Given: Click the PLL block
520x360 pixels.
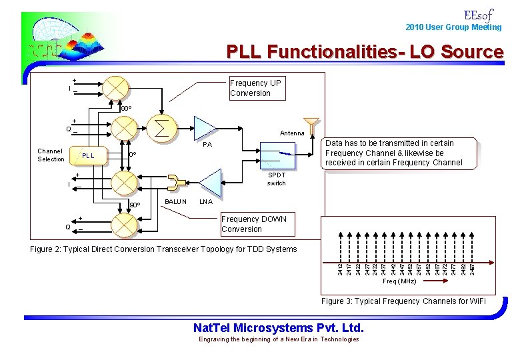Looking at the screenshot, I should (88, 155).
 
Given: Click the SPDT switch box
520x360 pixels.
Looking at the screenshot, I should (277, 156).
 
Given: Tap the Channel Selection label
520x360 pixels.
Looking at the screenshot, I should (51, 155).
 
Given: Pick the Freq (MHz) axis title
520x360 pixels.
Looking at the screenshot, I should (400, 281).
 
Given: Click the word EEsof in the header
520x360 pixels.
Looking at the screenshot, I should (478, 14).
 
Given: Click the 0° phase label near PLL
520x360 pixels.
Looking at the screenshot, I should (132, 155).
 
